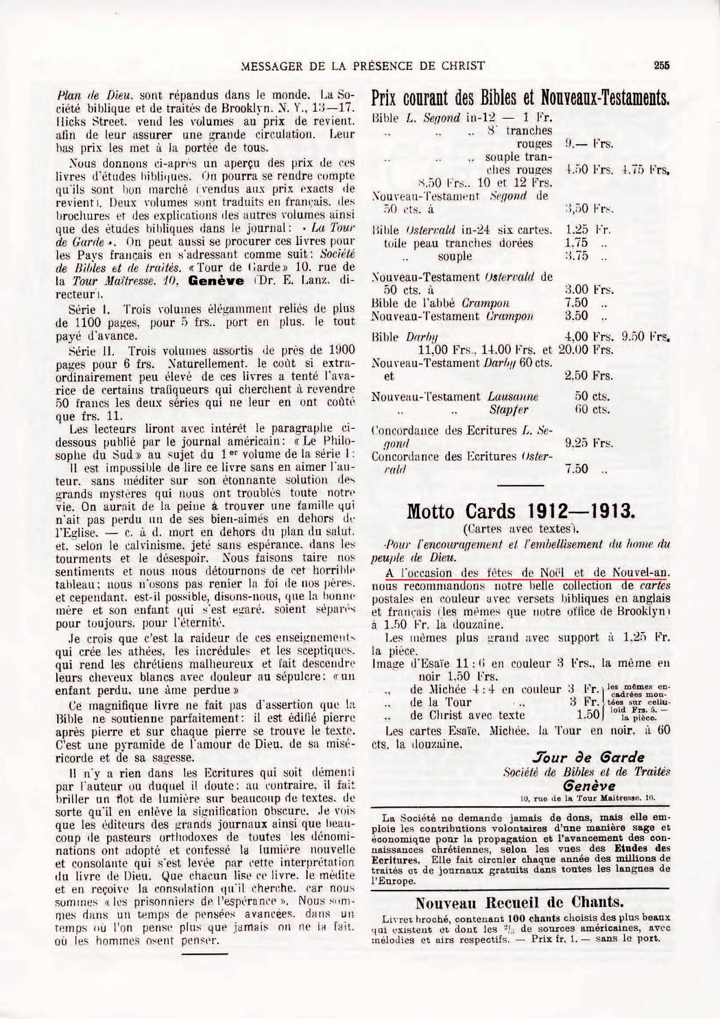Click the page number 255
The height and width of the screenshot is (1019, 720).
click(661, 66)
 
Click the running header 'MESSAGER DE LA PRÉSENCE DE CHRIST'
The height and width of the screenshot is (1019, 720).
click(364, 66)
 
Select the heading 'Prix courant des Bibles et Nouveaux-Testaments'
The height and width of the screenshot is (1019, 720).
click(520, 98)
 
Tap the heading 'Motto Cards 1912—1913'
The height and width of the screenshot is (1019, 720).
click(522, 511)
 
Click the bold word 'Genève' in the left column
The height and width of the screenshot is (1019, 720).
click(212, 281)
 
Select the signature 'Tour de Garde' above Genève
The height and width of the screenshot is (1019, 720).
click(588, 758)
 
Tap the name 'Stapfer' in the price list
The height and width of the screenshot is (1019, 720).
click(508, 410)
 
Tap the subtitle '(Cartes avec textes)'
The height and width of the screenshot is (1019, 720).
click(521, 528)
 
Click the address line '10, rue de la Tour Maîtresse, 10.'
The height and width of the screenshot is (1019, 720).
click(588, 797)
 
